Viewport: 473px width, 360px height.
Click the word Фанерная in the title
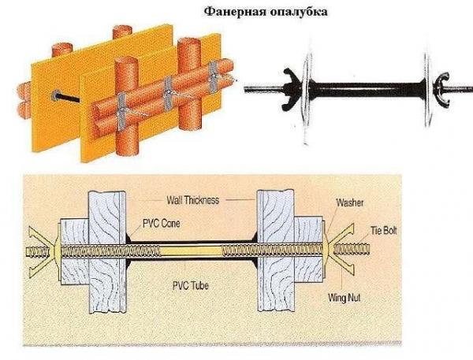point(231,12)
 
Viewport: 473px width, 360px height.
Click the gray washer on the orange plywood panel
point(56,95)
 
